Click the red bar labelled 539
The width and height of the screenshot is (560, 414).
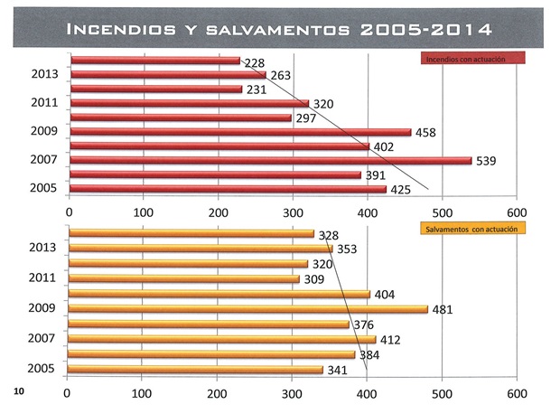(271, 160)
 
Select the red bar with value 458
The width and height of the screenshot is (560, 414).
(240, 132)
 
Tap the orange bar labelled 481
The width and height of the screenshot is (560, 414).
(248, 308)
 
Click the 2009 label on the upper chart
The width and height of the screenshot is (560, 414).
(43, 132)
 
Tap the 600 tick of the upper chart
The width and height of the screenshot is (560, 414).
(516, 212)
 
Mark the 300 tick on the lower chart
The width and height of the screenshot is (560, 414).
(292, 394)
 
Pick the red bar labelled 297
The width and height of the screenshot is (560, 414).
(181, 118)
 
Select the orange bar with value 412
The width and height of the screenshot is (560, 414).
(222, 339)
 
